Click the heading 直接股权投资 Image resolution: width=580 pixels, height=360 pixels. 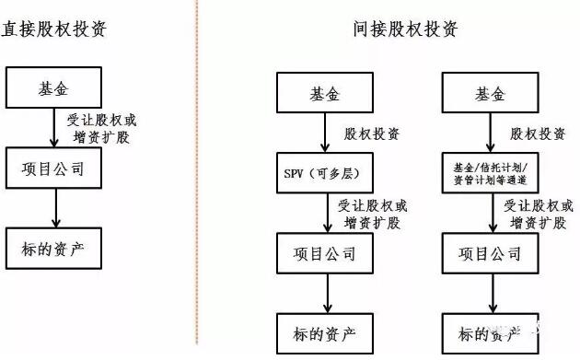53,29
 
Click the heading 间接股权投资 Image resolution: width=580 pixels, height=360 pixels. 405,29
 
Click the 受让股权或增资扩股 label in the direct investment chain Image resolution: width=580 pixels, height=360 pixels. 101,128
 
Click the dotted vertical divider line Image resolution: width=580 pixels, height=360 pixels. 196,184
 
